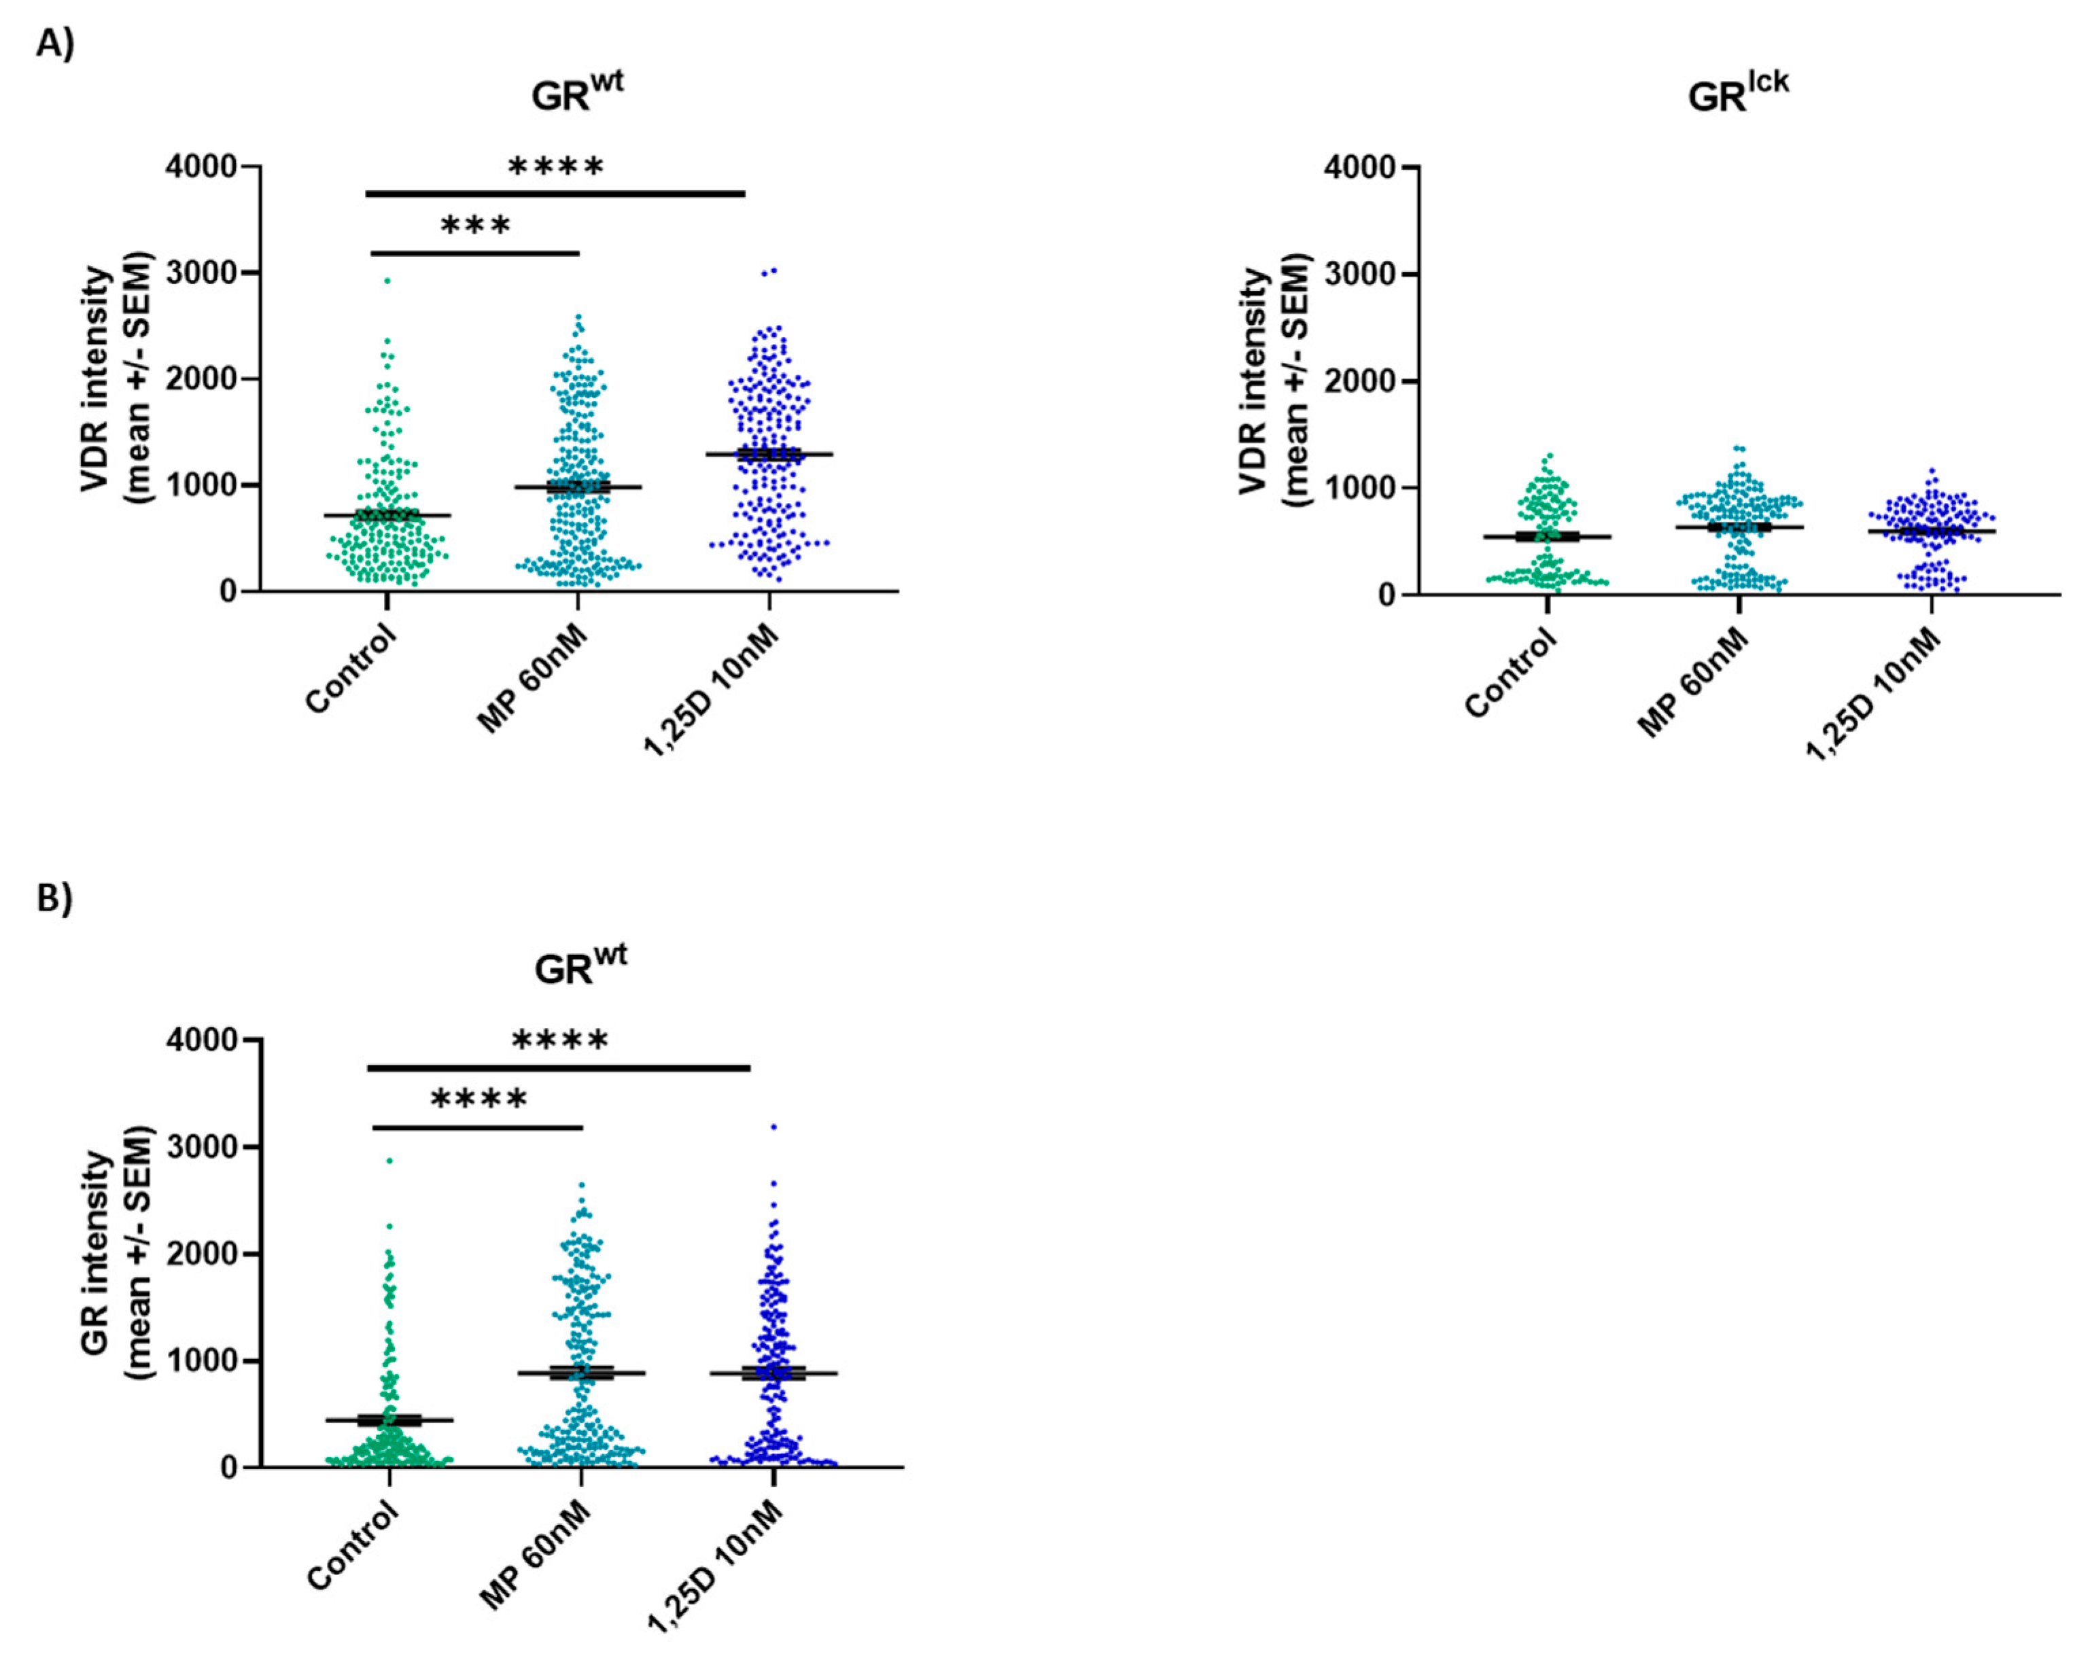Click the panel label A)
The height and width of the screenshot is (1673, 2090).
click(55, 43)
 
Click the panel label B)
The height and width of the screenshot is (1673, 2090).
click(55, 898)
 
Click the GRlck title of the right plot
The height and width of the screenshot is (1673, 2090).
click(1737, 94)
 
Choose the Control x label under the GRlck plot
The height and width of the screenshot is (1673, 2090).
click(1510, 673)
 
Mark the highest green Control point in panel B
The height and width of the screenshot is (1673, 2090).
click(389, 1160)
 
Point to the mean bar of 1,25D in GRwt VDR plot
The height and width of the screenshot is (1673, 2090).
click(769, 454)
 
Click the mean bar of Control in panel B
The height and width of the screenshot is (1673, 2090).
click(389, 1420)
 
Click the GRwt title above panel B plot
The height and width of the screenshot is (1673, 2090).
click(580, 966)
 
